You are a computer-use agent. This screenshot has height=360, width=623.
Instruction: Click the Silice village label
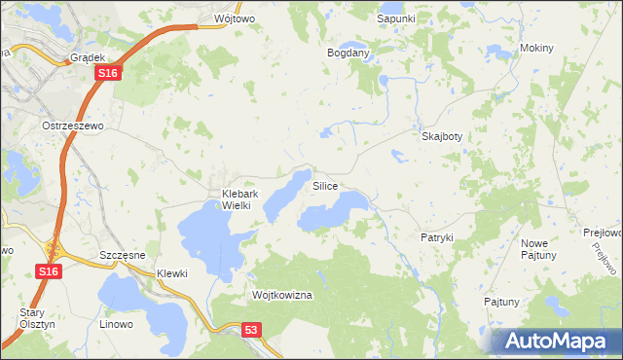point(325,185)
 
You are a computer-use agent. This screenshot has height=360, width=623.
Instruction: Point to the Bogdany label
point(348,53)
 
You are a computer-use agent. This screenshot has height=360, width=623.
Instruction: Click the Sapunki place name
point(396,18)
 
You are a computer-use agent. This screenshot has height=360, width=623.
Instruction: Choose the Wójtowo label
point(220,18)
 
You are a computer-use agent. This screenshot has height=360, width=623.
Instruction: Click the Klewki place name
point(172,273)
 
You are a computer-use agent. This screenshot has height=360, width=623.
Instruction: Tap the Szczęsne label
point(123,254)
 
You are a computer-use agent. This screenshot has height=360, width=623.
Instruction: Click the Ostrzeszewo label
point(72,126)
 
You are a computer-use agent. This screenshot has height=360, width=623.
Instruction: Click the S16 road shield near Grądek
point(109,74)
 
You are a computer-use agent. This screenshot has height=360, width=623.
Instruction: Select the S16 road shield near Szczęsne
point(50,272)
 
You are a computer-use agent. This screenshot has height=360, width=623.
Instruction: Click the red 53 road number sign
point(252,332)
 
